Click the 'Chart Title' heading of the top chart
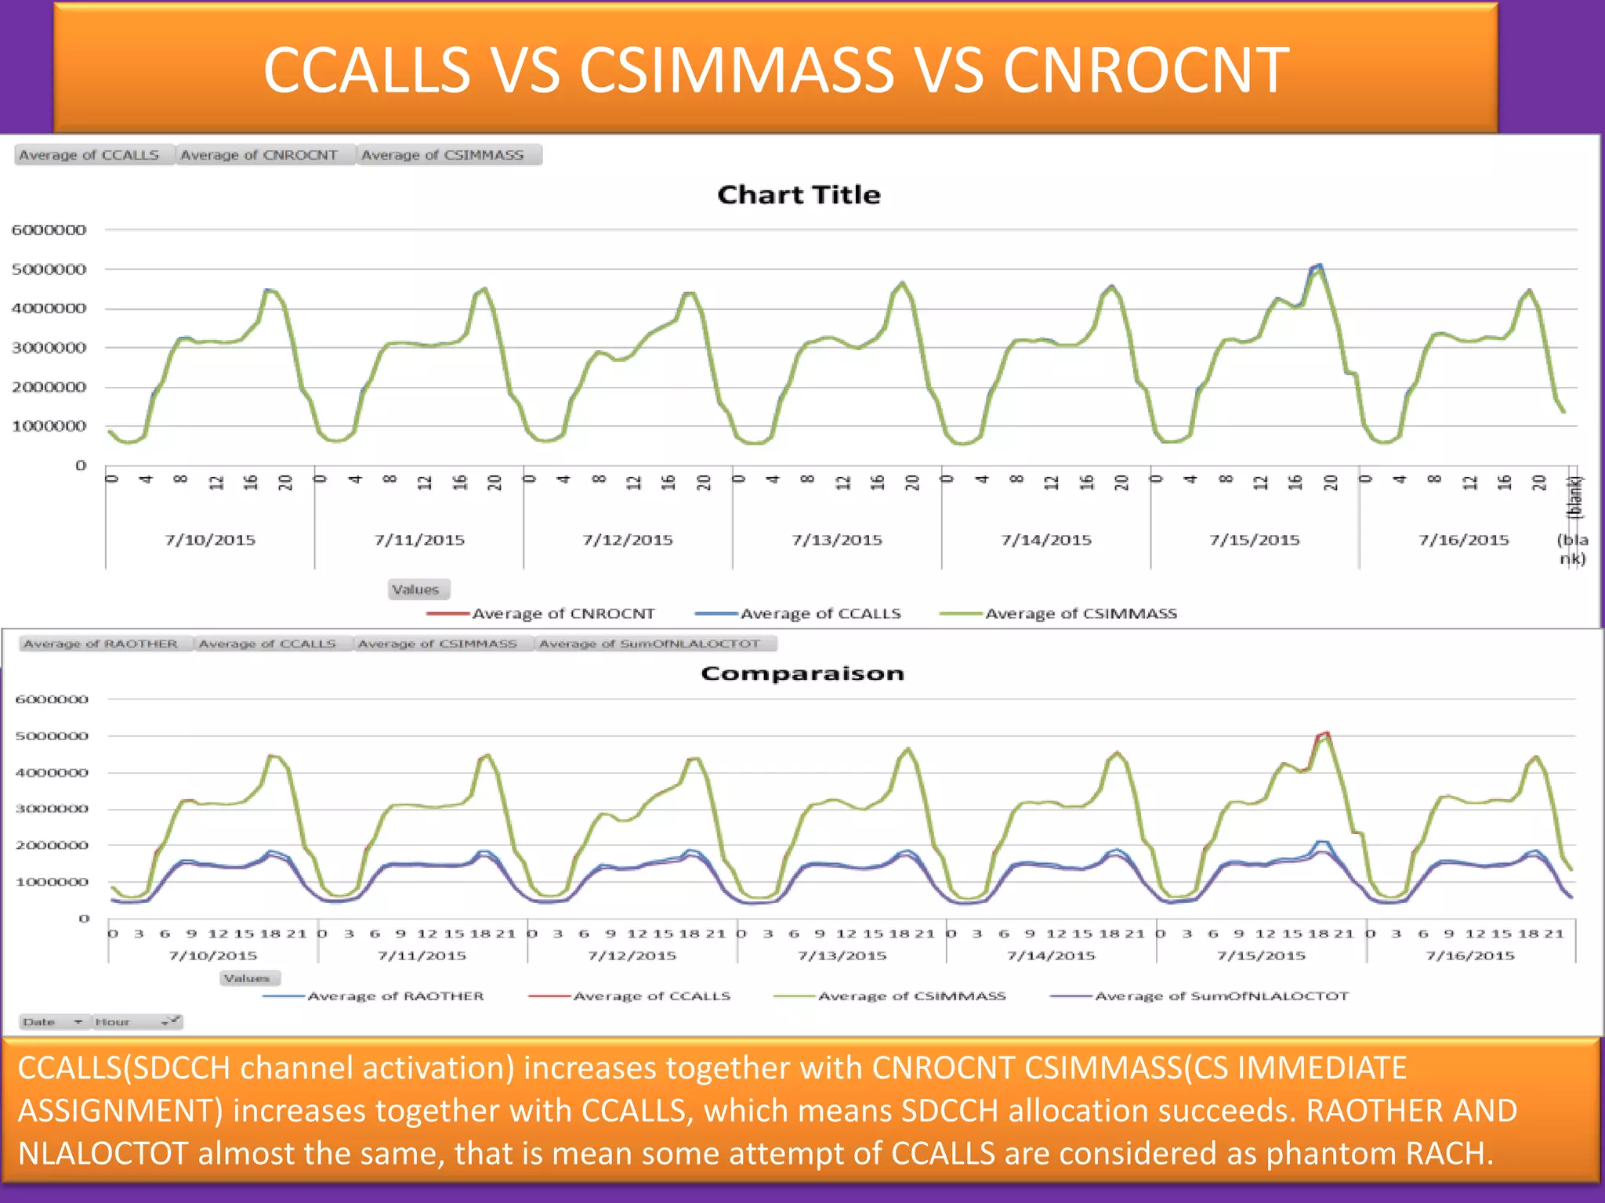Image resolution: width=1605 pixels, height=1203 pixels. point(799,194)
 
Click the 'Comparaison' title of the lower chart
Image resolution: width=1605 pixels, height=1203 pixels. point(802,674)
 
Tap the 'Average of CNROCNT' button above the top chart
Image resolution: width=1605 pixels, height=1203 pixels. point(259,155)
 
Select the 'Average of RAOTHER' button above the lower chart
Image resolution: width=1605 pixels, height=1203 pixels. point(100,644)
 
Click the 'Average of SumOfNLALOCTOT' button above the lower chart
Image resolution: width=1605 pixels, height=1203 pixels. point(650,644)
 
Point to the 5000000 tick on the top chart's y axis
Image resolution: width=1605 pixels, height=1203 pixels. point(49,269)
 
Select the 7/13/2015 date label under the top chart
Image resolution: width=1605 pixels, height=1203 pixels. point(836,540)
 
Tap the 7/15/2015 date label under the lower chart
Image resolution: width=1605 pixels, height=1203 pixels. point(1261,956)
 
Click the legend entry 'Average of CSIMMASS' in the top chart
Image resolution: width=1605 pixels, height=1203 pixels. point(1081,614)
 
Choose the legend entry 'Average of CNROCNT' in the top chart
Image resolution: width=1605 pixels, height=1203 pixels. point(563,614)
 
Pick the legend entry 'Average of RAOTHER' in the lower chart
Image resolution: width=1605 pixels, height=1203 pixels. point(395,996)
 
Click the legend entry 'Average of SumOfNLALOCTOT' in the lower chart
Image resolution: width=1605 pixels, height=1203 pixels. point(1221,996)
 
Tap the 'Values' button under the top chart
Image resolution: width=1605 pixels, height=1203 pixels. point(416,590)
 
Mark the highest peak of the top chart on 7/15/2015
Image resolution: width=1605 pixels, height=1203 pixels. point(1320,266)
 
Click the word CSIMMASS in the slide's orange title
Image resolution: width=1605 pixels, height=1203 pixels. point(736,70)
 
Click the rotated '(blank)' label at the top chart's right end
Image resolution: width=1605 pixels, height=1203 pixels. point(1574,497)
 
